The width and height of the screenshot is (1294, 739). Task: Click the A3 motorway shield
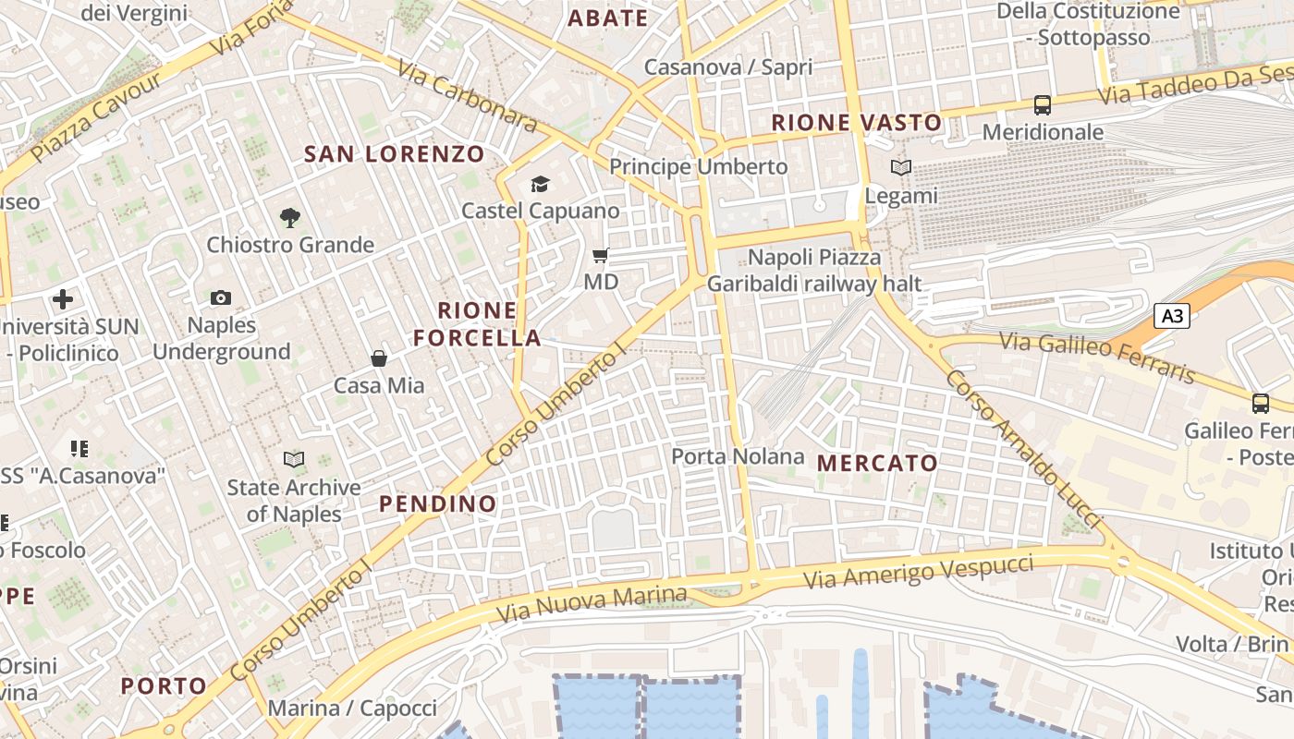(1172, 316)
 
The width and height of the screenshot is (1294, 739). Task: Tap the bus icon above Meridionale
(1043, 105)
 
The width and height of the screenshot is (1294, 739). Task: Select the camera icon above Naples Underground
(221, 297)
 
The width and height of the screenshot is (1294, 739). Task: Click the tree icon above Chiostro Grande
(290, 218)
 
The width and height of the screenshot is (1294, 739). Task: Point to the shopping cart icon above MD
(601, 255)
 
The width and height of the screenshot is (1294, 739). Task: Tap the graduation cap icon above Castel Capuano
(540, 185)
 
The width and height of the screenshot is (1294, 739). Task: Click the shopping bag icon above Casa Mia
(378, 358)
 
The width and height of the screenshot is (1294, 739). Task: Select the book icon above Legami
(901, 168)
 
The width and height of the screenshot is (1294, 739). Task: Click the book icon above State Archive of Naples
(294, 459)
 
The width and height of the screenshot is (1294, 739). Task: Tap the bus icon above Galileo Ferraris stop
(1261, 403)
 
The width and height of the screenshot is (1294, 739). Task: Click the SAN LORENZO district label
(395, 154)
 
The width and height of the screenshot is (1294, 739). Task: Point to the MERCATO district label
(878, 464)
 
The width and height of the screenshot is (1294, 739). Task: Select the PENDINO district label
(438, 504)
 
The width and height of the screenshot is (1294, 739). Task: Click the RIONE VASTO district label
(857, 122)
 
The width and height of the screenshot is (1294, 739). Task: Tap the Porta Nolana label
(738, 456)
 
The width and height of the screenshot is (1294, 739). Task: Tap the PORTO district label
(165, 685)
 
